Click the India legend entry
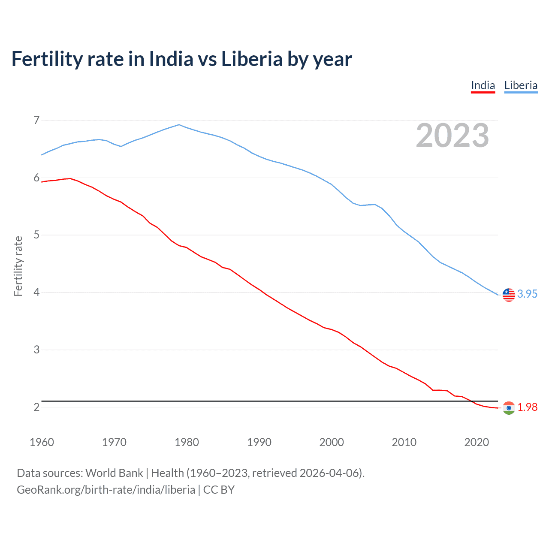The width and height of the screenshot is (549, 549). tap(483, 85)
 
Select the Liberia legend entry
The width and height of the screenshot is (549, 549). tap(521, 85)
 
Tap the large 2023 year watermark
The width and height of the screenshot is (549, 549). tap(452, 136)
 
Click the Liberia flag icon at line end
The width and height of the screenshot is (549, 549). tap(509, 295)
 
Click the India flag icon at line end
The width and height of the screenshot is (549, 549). tap(509, 408)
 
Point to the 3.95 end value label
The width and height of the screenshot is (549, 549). tap(527, 294)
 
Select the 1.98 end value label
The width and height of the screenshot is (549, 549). tap(527, 407)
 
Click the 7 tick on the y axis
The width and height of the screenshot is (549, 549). tap(36, 120)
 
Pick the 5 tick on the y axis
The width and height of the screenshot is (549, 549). tap(36, 235)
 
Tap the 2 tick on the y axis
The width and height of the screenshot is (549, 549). tap(36, 407)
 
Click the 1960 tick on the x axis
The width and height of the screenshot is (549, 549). tap(42, 442)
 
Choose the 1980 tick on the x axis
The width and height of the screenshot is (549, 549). tap(187, 442)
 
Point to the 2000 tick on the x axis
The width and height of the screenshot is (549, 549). tap(332, 442)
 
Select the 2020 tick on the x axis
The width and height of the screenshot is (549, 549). tap(477, 442)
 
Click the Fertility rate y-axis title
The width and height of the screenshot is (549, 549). tap(18, 266)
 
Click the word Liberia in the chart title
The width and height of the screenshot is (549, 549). tap(252, 59)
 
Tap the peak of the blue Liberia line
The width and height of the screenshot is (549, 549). tap(179, 125)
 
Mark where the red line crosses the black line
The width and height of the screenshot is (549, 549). tap(471, 401)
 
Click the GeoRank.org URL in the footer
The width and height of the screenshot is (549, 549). tap(106, 490)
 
